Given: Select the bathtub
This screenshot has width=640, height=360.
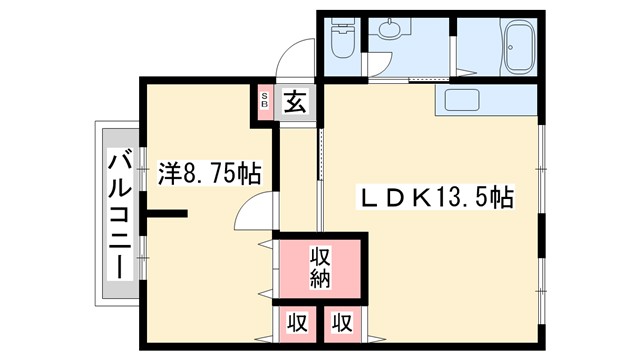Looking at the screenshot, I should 520,48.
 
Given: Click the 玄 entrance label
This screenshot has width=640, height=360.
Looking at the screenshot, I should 295,101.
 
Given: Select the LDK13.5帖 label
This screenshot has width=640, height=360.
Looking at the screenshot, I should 436,198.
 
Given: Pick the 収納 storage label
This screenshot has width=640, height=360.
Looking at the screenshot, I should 320,264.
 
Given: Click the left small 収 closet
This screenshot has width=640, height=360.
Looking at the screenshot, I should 297,323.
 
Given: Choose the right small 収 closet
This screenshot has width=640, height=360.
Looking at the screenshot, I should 343,323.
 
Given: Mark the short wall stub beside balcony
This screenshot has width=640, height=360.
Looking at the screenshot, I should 167,213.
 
